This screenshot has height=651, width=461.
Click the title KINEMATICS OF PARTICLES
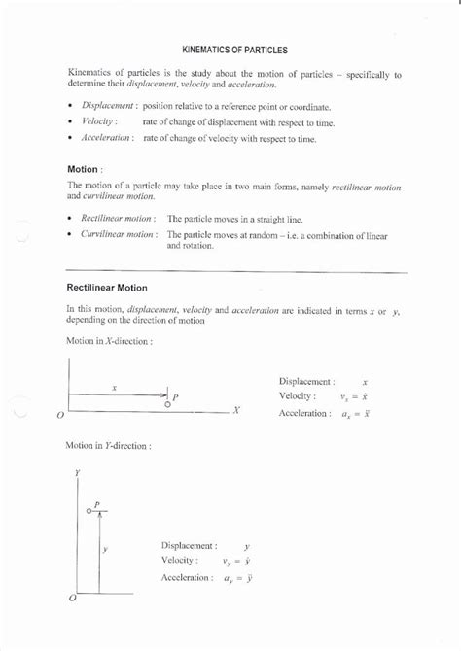(x=234, y=48)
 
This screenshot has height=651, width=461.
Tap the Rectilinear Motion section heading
(x=106, y=288)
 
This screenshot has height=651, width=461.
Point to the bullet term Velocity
(x=99, y=121)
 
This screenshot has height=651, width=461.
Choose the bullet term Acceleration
(x=107, y=139)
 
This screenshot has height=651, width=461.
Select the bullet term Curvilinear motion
(x=118, y=235)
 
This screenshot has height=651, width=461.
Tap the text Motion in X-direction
(x=108, y=342)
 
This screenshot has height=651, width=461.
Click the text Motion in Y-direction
(x=108, y=446)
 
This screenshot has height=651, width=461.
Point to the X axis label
(x=235, y=410)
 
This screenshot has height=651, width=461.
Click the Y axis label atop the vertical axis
(x=77, y=473)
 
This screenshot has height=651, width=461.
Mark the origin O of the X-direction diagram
(x=60, y=415)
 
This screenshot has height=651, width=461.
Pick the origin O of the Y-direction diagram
(x=72, y=599)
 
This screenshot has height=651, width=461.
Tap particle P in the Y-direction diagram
(x=89, y=510)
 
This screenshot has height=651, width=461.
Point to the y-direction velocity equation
(x=237, y=561)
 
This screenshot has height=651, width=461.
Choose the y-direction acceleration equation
(x=238, y=578)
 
